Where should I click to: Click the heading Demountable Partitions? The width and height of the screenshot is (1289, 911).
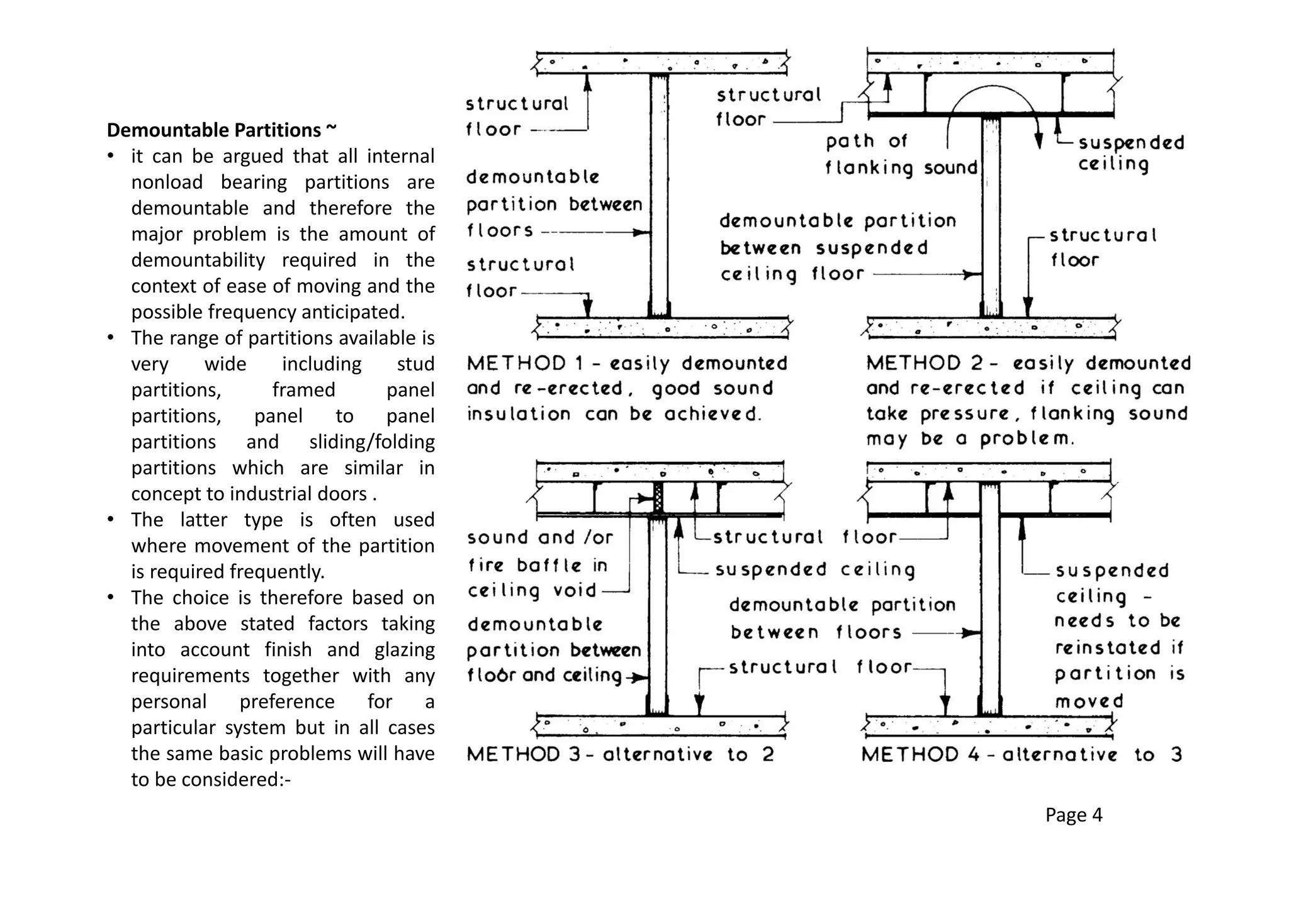click(222, 130)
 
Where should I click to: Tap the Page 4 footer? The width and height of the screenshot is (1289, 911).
click(1073, 815)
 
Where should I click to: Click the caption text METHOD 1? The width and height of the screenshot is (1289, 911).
click(516, 364)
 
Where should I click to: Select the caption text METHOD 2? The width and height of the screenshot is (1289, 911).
click(916, 364)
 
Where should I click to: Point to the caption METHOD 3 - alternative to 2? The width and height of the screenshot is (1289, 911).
click(620, 754)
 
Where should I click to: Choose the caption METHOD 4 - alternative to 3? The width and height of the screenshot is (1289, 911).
click(1021, 754)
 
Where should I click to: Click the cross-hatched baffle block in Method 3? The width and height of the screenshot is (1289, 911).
click(658, 497)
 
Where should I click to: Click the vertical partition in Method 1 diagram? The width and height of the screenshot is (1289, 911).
click(659, 195)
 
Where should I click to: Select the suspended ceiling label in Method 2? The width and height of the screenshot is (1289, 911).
click(1130, 153)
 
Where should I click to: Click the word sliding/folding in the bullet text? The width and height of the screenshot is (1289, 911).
click(371, 442)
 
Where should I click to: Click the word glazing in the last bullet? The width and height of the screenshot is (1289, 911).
click(404, 649)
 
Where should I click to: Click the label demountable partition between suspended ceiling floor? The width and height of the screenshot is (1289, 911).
click(836, 247)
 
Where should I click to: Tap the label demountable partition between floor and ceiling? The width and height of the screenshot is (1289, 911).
click(554, 649)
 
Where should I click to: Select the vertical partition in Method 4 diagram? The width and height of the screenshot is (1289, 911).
click(989, 598)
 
